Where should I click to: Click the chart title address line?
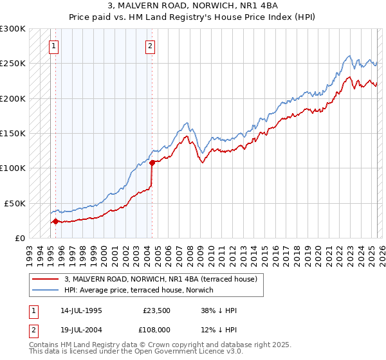(x=193, y=6)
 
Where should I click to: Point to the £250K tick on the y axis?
(x=13, y=64)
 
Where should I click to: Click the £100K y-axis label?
(x=13, y=168)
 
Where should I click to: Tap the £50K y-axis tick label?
(x=15, y=203)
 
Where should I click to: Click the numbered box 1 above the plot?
(x=53, y=46)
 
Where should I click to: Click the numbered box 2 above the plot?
(x=150, y=46)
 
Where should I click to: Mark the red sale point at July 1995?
(x=55, y=221)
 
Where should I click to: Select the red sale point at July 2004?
(x=152, y=163)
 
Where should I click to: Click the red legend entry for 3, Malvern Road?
(x=161, y=279)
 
